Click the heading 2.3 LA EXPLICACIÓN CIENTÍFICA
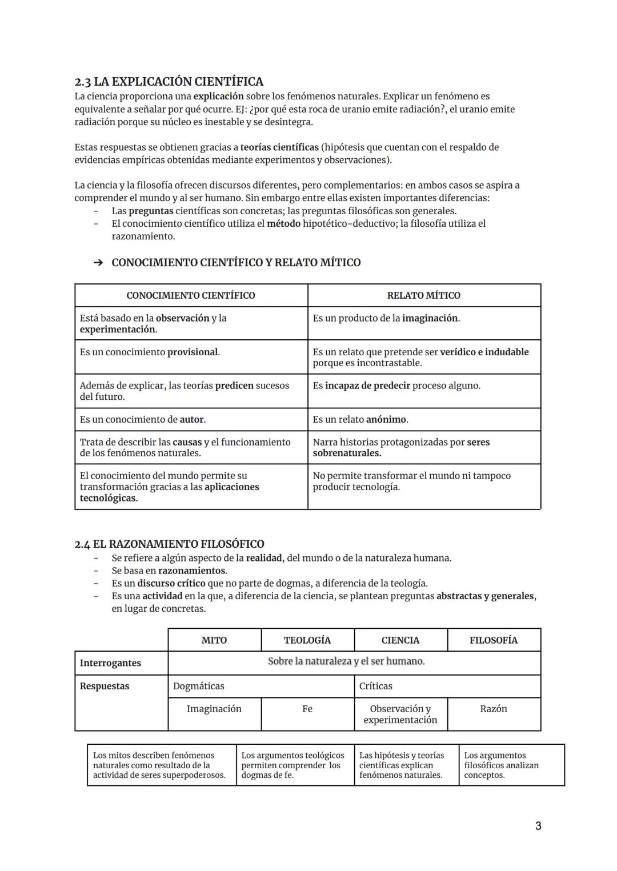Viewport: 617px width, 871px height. (x=169, y=82)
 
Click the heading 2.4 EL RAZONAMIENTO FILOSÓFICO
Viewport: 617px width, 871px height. (x=169, y=544)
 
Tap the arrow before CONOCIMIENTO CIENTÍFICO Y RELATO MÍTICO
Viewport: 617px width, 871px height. (x=98, y=263)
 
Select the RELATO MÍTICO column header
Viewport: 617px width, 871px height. (x=423, y=295)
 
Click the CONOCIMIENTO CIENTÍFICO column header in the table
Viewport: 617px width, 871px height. (x=190, y=295)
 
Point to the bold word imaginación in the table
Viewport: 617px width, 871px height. (x=430, y=318)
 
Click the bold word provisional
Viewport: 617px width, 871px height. (x=193, y=352)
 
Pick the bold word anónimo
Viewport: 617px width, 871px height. (x=386, y=419)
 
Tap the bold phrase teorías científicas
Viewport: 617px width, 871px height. (x=279, y=147)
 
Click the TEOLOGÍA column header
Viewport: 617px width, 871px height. (x=307, y=640)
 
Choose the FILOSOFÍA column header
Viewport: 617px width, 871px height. (x=494, y=640)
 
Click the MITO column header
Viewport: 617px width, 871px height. (x=214, y=640)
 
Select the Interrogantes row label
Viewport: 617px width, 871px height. (x=110, y=663)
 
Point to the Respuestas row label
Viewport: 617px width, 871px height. (x=105, y=686)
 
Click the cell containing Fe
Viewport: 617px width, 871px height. (x=307, y=709)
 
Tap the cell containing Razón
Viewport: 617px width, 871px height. (x=494, y=709)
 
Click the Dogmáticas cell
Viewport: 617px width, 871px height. (x=199, y=686)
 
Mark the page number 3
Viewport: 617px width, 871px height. (x=538, y=826)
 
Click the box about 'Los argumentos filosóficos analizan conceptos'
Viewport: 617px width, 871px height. (x=511, y=765)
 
